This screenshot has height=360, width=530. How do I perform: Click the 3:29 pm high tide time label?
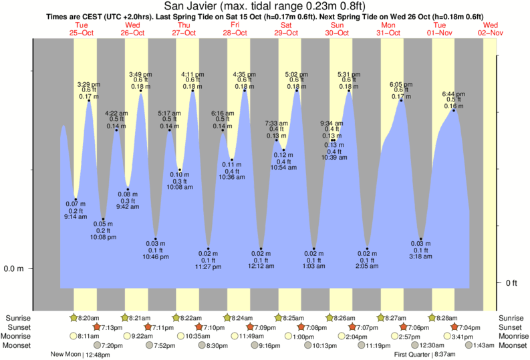pos(90,84)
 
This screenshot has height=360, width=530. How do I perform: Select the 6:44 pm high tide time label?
pos(454,94)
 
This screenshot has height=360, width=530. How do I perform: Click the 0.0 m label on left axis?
pos(15,269)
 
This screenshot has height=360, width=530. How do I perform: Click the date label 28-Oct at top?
pos(235,32)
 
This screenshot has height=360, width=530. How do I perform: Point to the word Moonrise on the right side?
pos(511,337)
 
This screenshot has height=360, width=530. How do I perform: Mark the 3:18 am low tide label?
pos(421,256)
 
